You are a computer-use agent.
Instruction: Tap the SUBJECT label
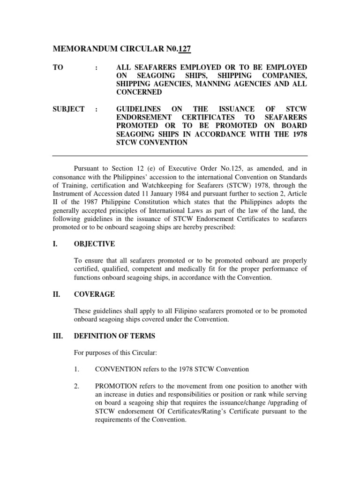(68, 109)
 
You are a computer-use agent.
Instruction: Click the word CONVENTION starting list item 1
(116, 369)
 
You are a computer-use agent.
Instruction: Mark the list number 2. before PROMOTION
(77, 386)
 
